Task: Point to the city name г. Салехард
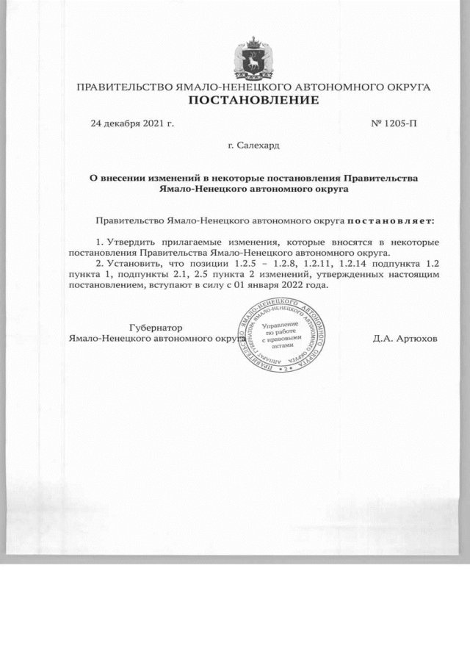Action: tap(253, 146)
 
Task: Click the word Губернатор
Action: tap(155, 327)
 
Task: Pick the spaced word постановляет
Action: tap(390, 220)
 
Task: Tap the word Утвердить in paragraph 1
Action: tap(132, 242)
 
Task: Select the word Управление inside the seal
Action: tap(280, 324)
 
